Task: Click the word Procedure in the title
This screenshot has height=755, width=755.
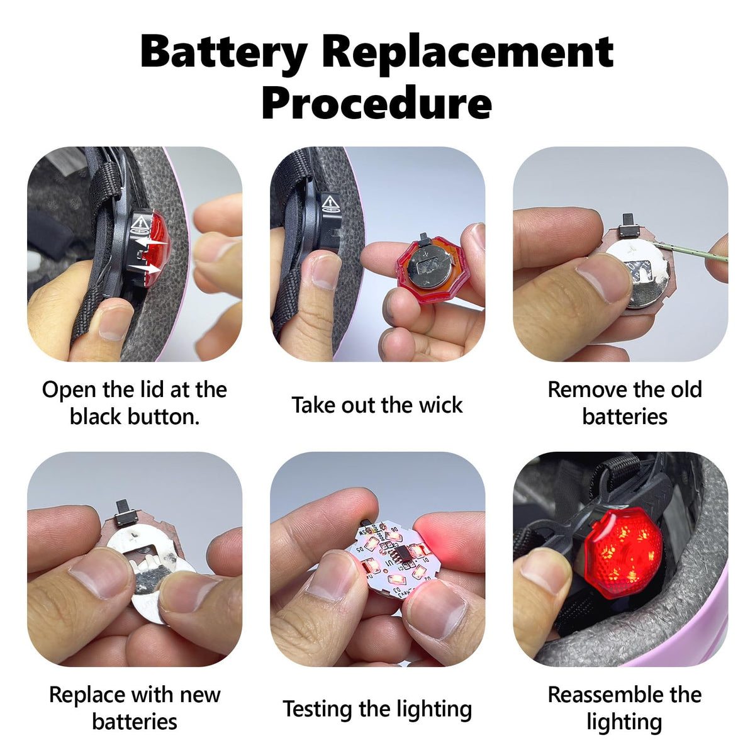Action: pyautogui.click(x=376, y=103)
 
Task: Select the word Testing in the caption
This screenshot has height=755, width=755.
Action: pyautogui.click(x=317, y=710)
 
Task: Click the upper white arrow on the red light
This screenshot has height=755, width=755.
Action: pyautogui.click(x=152, y=243)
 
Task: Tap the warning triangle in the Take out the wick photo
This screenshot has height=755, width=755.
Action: pyautogui.click(x=331, y=202)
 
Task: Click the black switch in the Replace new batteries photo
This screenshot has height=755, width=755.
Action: pyautogui.click(x=123, y=513)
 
